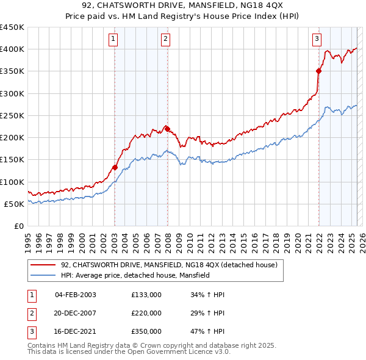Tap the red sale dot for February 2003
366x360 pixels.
click(x=115, y=167)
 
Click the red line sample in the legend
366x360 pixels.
click(x=43, y=265)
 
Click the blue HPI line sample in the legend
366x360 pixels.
click(x=43, y=275)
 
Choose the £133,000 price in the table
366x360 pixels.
click(x=146, y=295)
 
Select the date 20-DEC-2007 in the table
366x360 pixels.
click(x=75, y=313)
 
